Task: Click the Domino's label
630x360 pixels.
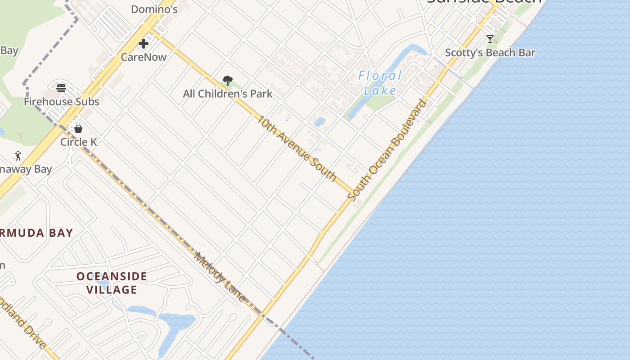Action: click(x=154, y=9)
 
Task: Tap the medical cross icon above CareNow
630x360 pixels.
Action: click(x=144, y=44)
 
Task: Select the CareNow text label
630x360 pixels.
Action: click(x=144, y=57)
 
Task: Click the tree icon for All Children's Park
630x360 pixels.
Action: click(x=227, y=81)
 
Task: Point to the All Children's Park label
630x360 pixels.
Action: click(x=227, y=94)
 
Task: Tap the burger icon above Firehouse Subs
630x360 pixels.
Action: click(x=61, y=88)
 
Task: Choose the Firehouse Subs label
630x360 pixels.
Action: click(x=61, y=102)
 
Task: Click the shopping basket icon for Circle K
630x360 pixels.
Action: click(x=78, y=129)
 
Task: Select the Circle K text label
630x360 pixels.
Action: click(x=79, y=142)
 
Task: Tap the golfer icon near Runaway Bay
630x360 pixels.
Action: click(x=18, y=156)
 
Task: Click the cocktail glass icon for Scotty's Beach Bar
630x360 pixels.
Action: click(x=490, y=39)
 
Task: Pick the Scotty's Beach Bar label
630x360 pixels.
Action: click(x=490, y=53)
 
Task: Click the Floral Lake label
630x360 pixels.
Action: click(x=380, y=83)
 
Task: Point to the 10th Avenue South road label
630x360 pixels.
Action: click(x=297, y=148)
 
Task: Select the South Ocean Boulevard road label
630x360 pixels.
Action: click(x=387, y=150)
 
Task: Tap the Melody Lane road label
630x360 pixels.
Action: click(x=220, y=277)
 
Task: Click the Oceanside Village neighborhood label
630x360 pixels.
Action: click(x=112, y=283)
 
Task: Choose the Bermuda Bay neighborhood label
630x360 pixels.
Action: click(x=36, y=233)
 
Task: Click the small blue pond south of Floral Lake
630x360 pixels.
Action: click(x=319, y=122)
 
